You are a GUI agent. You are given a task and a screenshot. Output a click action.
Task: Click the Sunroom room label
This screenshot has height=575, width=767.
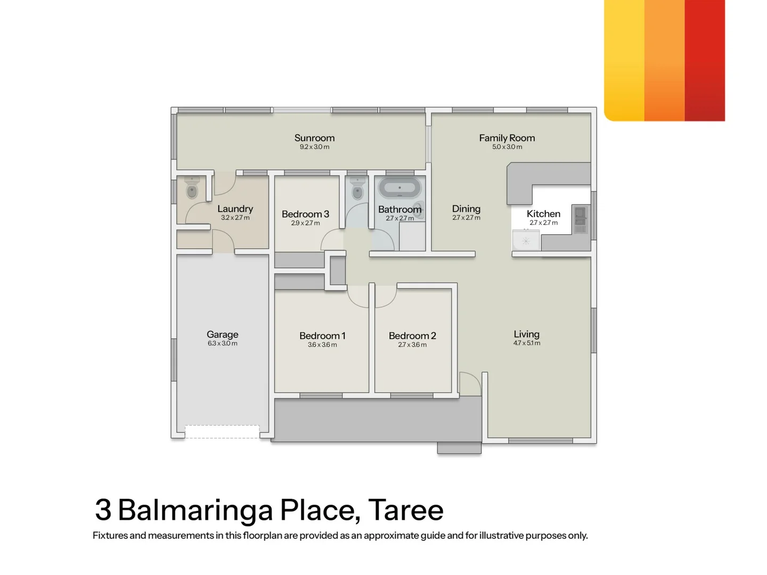tap(314, 138)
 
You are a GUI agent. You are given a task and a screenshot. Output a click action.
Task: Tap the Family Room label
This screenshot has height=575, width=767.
tap(507, 138)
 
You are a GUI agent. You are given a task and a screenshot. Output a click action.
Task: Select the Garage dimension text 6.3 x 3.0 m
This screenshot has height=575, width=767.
tap(223, 343)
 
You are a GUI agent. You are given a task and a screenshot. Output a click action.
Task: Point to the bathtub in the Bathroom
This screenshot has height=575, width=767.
tap(399, 188)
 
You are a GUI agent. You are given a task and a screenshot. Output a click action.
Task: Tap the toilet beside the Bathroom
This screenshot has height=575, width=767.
tap(357, 189)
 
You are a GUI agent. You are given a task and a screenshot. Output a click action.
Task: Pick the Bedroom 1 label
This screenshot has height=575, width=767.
tap(322, 335)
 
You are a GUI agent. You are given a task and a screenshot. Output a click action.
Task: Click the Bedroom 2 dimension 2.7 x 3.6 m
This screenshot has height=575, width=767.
tap(412, 344)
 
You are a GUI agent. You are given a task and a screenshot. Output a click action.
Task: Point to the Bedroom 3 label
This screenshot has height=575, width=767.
tap(305, 214)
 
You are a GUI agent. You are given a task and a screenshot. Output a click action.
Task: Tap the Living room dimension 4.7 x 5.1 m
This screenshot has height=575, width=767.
tap(527, 343)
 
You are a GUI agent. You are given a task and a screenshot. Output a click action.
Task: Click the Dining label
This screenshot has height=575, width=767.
tap(466, 209)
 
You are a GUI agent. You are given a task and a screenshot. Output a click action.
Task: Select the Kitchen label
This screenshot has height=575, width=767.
tap(543, 213)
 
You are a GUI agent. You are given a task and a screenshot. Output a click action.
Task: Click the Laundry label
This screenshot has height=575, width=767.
tap(235, 209)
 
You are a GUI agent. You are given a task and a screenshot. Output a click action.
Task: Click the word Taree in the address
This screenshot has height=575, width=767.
tap(406, 510)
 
